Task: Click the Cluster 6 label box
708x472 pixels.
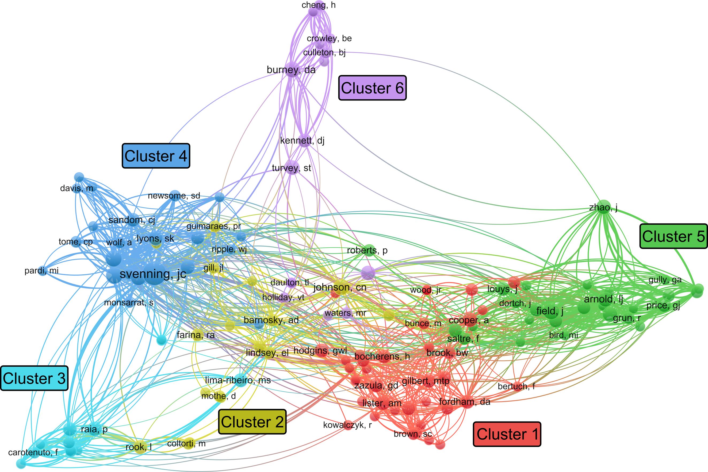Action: (x=372, y=88)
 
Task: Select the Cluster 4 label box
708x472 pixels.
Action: (x=156, y=156)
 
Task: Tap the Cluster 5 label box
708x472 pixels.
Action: (x=673, y=236)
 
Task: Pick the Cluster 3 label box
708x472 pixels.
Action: (x=34, y=378)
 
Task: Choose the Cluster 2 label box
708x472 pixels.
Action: (x=252, y=422)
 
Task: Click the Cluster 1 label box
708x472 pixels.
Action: (x=507, y=434)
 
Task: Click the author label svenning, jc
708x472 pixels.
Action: (x=153, y=274)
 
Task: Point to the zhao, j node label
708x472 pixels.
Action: (x=603, y=207)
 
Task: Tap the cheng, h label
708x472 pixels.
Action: (x=319, y=5)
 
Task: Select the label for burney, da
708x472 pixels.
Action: (x=291, y=70)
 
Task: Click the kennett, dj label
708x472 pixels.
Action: (x=302, y=141)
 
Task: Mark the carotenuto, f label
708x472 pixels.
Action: (x=33, y=453)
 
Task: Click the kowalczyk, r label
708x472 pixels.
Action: (x=347, y=425)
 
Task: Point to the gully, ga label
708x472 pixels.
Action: (x=665, y=280)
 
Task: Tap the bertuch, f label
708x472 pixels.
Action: (x=516, y=386)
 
